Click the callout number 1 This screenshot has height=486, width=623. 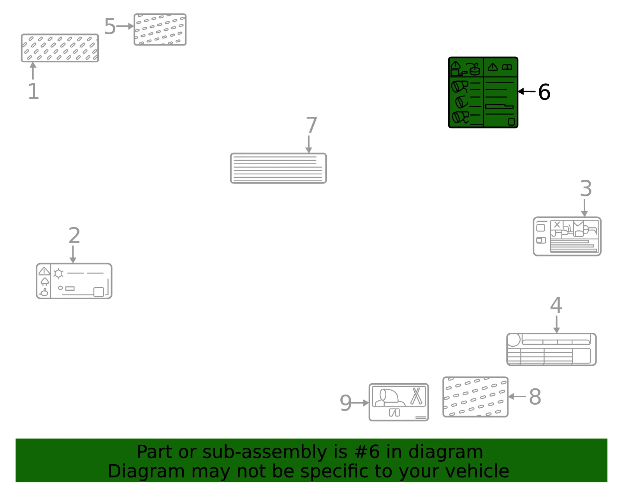pyautogui.click(x=33, y=91)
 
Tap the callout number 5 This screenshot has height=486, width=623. pyautogui.click(x=110, y=26)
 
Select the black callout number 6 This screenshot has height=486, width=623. pyautogui.click(x=544, y=92)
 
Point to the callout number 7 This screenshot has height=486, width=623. pyautogui.click(x=311, y=125)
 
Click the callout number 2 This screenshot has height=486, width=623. pyautogui.click(x=74, y=235)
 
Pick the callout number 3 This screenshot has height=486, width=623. pyautogui.click(x=586, y=188)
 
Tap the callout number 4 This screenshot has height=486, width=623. pyautogui.click(x=556, y=305)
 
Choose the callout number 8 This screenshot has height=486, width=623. pyautogui.click(x=535, y=397)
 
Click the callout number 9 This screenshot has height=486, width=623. pyautogui.click(x=345, y=403)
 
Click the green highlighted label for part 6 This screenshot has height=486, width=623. pyautogui.click(x=483, y=93)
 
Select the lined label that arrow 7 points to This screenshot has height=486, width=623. pyautogui.click(x=278, y=168)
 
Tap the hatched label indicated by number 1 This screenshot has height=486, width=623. pyautogui.click(x=60, y=48)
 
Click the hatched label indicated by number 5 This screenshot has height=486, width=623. pyautogui.click(x=160, y=30)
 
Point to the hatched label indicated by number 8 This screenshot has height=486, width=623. pyautogui.click(x=475, y=397)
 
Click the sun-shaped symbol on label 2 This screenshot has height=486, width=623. pyautogui.click(x=58, y=274)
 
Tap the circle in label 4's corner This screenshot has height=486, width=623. pyautogui.click(x=514, y=340)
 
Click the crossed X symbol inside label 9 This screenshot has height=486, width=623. pyautogui.click(x=416, y=396)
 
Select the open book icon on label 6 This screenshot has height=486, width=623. pyautogui.click(x=507, y=67)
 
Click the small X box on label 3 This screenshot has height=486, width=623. pyautogui.click(x=557, y=225)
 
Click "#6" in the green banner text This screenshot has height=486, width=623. pyautogui.click(x=367, y=452)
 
